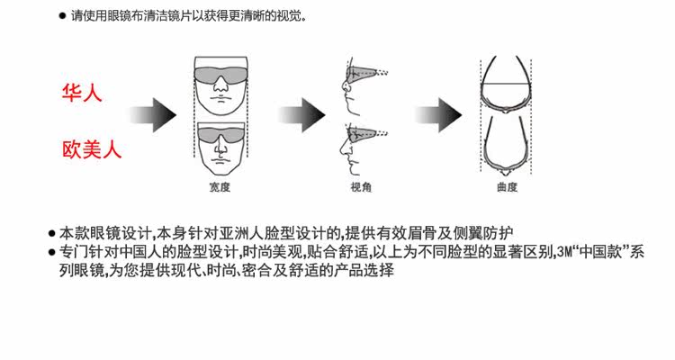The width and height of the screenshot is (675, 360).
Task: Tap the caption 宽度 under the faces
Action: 219,187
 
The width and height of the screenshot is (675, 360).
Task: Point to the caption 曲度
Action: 506,187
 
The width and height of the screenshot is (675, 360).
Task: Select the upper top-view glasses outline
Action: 506,85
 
